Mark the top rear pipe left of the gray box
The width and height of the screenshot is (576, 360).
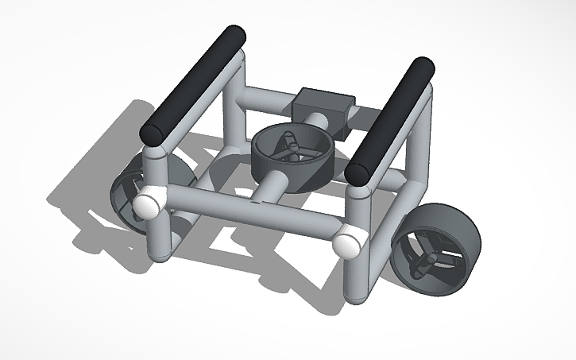click(266, 101)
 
